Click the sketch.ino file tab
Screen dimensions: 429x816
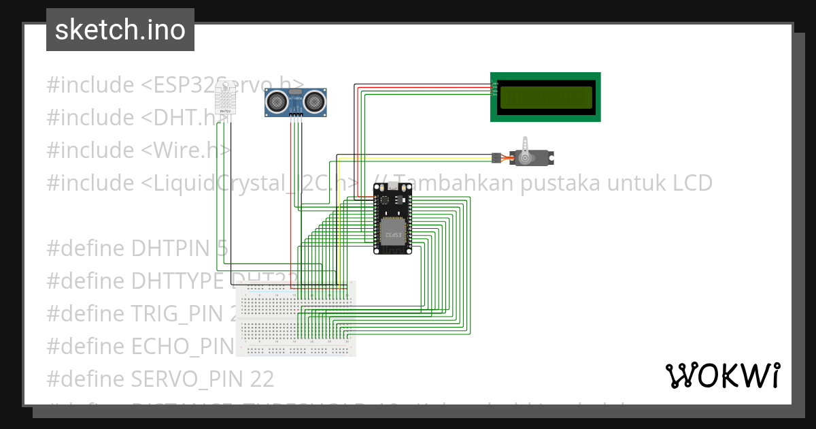coord(120,30)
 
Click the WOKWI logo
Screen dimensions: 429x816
coord(722,375)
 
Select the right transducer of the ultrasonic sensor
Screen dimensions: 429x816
coord(314,101)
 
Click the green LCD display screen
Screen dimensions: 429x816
coord(545,97)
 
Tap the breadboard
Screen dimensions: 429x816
coord(296,319)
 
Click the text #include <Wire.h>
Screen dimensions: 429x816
coord(139,150)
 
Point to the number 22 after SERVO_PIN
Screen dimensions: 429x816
coord(262,379)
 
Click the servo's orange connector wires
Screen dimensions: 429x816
coord(507,158)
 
